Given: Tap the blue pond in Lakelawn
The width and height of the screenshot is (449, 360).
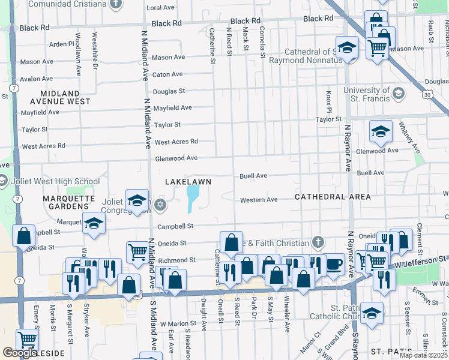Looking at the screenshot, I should (x=193, y=199).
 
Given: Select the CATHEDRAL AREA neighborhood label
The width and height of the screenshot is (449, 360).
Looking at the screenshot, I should (x=332, y=197).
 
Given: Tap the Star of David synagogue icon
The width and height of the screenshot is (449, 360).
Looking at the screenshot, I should (x=159, y=206).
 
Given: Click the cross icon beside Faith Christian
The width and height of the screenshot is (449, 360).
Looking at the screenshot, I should (x=318, y=242).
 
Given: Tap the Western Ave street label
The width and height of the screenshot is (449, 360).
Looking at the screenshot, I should (x=259, y=200).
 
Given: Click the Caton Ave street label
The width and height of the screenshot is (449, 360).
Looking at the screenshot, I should (x=167, y=74).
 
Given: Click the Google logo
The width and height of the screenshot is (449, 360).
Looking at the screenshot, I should (x=20, y=353).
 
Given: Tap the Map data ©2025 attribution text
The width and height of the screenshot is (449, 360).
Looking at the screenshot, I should (x=423, y=355).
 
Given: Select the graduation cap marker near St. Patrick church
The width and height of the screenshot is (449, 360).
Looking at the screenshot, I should (x=372, y=313).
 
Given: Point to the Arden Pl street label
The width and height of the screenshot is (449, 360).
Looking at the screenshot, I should (x=61, y=44).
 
